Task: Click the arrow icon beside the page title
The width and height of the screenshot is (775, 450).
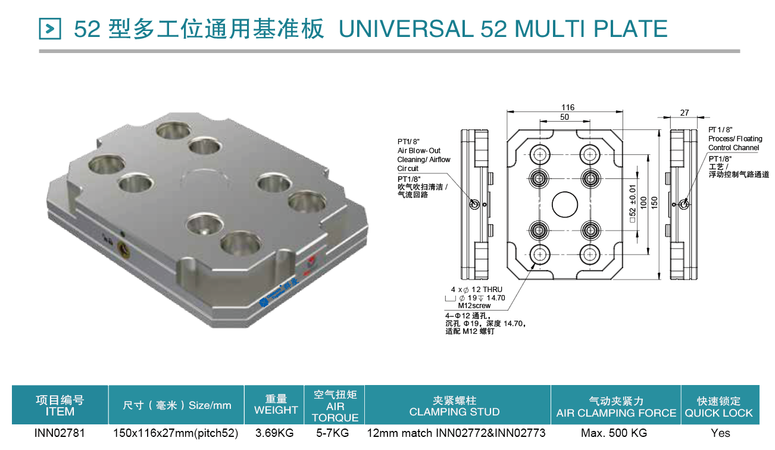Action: [x=50, y=29]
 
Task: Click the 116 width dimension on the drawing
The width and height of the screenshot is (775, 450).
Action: [x=568, y=107]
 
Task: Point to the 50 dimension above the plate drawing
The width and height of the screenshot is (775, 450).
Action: [x=564, y=117]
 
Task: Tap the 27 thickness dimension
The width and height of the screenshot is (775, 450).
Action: [x=685, y=113]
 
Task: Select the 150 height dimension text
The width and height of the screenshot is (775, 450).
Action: [x=654, y=202]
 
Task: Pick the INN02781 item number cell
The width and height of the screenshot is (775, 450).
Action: [x=60, y=433]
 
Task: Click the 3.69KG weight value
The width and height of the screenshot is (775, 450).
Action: [x=274, y=433]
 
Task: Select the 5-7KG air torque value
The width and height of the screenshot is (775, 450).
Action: [x=333, y=433]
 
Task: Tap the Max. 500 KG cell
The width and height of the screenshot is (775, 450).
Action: [x=614, y=433]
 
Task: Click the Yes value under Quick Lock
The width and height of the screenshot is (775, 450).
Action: [x=720, y=433]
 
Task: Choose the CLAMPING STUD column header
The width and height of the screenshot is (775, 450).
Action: [x=454, y=412]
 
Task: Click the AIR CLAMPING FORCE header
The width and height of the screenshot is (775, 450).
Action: [x=616, y=413]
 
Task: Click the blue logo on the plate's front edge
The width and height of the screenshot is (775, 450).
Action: [x=279, y=292]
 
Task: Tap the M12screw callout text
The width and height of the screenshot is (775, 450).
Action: [x=474, y=306]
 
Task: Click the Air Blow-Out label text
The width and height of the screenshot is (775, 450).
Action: [x=419, y=151]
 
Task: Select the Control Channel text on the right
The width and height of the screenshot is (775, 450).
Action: [x=733, y=148]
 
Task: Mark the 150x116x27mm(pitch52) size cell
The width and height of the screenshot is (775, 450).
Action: [x=176, y=433]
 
